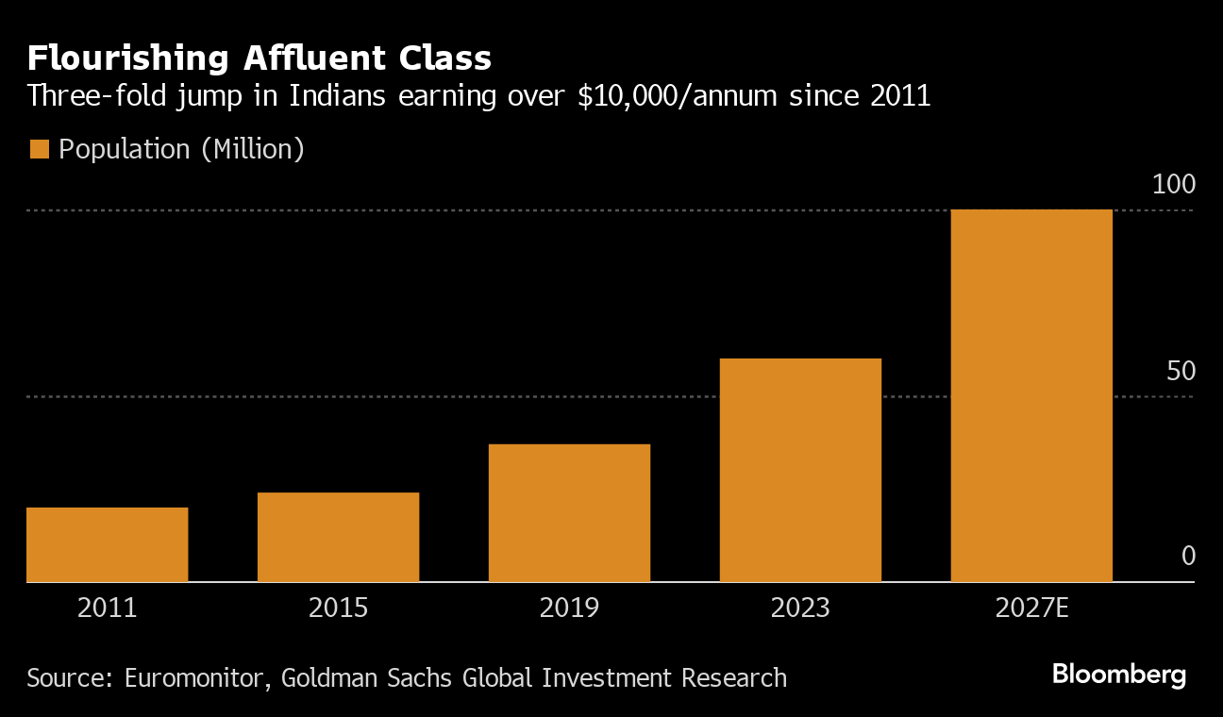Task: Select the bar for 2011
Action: [108, 544]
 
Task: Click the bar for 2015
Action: [338, 537]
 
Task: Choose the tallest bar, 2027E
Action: [1031, 395]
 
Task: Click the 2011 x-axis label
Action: [108, 607]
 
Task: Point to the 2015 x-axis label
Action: [338, 607]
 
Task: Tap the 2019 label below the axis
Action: [569, 607]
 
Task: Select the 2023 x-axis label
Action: [800, 607]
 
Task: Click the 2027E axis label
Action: [1031, 607]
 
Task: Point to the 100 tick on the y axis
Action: [1174, 185]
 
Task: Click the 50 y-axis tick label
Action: [1181, 372]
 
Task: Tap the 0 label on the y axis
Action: [1188, 557]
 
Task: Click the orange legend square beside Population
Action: [39, 149]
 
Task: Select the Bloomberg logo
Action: [1118, 675]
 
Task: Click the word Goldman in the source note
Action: [321, 677]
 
